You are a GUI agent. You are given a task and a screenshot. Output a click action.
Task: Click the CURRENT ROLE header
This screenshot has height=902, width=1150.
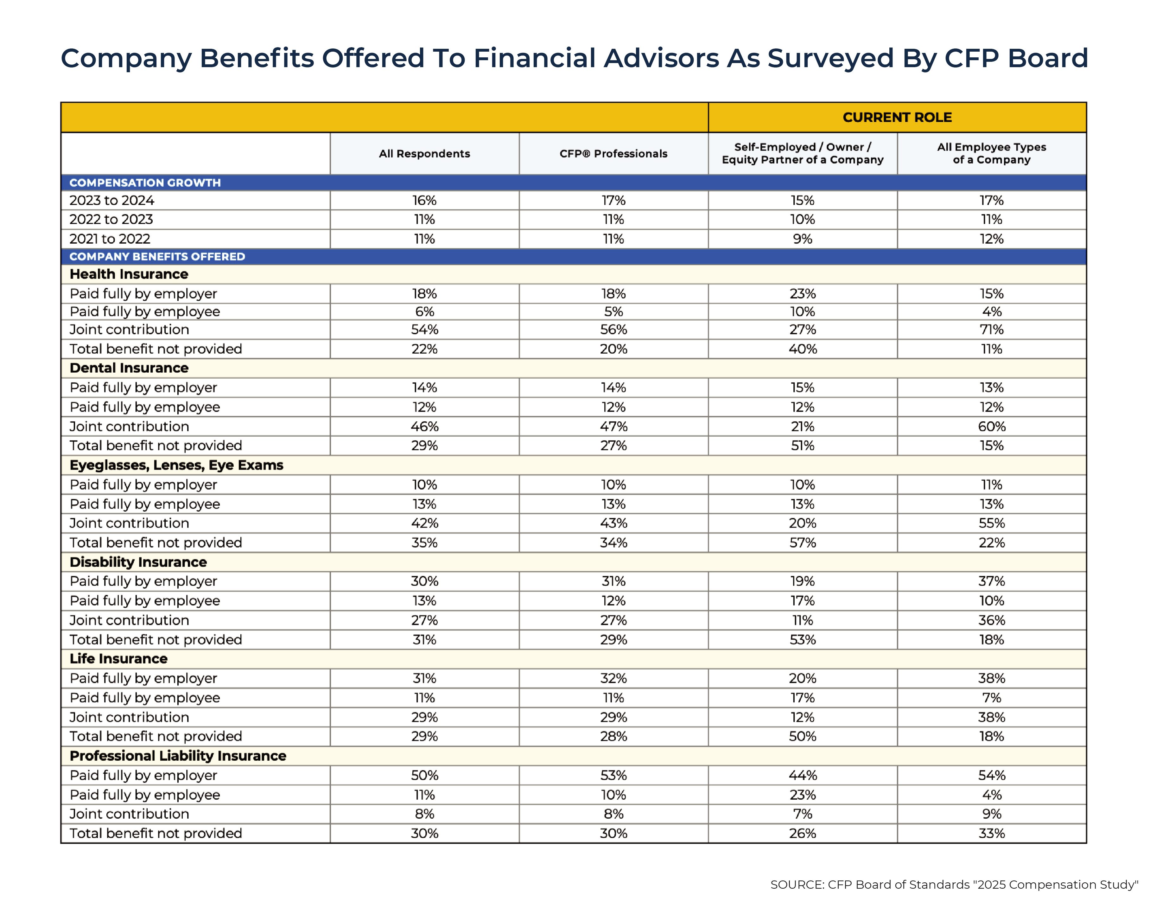click(x=897, y=117)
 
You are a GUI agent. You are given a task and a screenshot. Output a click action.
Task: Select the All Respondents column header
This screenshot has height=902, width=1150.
click(x=424, y=154)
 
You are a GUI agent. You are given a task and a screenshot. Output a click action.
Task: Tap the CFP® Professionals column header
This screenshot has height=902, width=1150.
click(x=613, y=154)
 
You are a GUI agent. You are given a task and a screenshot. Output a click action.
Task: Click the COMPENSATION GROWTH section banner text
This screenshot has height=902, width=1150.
click(x=145, y=183)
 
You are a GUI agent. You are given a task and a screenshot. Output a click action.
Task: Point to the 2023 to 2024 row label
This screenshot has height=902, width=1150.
click(x=111, y=201)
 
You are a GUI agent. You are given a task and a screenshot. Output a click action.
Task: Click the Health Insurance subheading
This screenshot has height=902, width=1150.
click(x=129, y=274)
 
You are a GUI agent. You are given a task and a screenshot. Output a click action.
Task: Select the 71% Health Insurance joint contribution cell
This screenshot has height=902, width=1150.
click(x=991, y=329)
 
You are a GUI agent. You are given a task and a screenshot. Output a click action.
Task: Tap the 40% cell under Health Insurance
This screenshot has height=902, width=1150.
click(x=802, y=349)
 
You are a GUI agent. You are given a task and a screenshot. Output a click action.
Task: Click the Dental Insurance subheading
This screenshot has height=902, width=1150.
click(x=129, y=368)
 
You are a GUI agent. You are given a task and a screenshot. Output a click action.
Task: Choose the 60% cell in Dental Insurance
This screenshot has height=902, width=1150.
click(x=991, y=427)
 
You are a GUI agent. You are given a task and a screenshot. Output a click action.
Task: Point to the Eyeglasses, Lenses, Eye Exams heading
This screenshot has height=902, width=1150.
click(x=176, y=465)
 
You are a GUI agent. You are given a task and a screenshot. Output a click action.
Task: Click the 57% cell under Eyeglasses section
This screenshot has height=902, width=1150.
click(x=802, y=543)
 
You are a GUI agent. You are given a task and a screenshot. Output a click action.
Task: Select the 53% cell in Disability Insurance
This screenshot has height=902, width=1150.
click(x=802, y=640)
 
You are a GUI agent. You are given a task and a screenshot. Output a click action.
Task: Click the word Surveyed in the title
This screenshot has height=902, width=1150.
click(x=830, y=58)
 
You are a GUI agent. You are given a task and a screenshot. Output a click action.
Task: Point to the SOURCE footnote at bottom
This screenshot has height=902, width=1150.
click(x=954, y=885)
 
